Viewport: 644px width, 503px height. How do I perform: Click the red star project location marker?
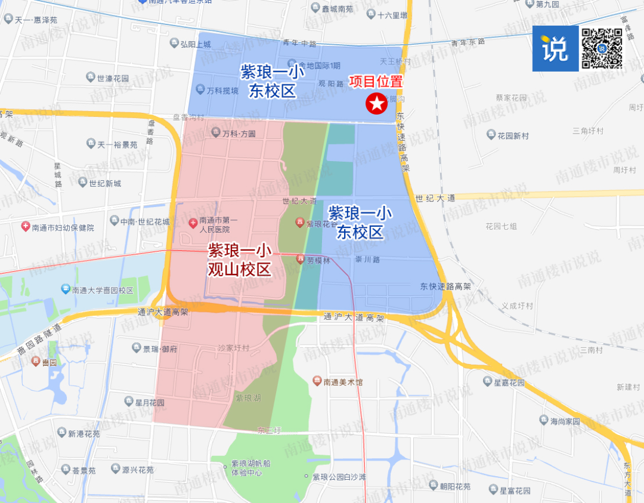coord(377,104)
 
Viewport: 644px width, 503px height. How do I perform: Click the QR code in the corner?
coord(602,48)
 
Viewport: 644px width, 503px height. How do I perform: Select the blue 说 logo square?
coord(555,48)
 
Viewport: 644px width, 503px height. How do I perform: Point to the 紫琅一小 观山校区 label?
coord(239,260)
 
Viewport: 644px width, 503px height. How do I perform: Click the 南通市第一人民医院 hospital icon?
coord(193,223)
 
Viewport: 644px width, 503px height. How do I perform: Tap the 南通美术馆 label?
coord(343,382)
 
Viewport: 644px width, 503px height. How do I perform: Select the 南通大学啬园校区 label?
coord(102,290)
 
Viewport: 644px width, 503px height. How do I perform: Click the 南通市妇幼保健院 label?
coord(63,227)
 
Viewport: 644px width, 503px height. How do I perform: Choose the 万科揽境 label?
coord(222,91)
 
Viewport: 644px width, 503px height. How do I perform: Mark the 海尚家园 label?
coord(565,421)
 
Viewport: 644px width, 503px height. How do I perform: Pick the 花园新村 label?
coord(513,136)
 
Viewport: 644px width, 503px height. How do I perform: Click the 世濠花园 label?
coord(113,78)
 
